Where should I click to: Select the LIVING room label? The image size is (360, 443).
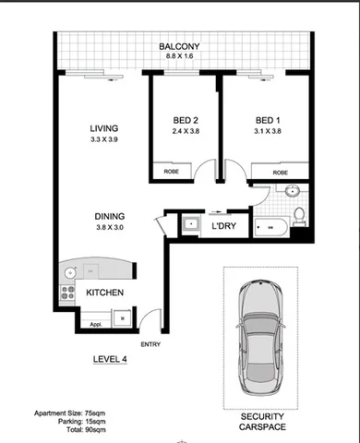point(104,128)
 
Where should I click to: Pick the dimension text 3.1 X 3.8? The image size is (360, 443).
point(269,133)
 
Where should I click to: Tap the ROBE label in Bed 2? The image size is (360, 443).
point(172,172)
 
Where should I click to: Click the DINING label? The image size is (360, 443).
point(111,217)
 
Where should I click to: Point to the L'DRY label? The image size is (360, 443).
point(224,226)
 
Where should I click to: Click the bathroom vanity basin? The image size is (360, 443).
point(292,193)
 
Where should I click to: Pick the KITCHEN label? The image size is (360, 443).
point(105,293)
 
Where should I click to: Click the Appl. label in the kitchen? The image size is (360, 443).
point(94,326)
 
